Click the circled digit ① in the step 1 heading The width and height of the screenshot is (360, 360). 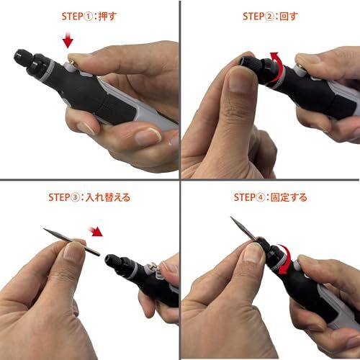point(86,15)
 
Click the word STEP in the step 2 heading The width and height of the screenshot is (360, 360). point(253,15)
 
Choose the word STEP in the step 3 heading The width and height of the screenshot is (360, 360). point(63,197)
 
